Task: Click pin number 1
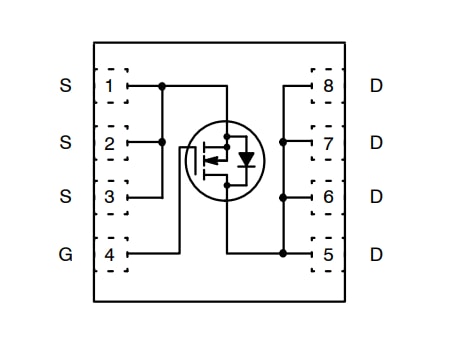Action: pos(109,86)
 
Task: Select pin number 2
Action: pos(109,142)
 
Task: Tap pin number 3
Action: pos(109,197)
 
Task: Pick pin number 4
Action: pos(109,254)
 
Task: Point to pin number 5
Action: pos(328,254)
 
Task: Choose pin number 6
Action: pos(328,197)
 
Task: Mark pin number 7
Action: pos(328,142)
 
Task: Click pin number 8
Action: pos(328,86)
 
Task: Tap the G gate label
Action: pos(66,254)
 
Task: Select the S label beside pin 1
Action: pos(66,86)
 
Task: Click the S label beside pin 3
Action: pos(66,197)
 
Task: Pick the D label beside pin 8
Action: pos(376,86)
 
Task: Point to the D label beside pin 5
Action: pos(376,254)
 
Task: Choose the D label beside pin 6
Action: pos(376,197)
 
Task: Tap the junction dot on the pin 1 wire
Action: pos(162,86)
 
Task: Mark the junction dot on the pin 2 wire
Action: pos(162,142)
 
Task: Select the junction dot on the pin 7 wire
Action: pos(283,142)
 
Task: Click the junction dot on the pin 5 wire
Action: pos(283,254)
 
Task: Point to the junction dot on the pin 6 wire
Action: pos(283,197)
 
